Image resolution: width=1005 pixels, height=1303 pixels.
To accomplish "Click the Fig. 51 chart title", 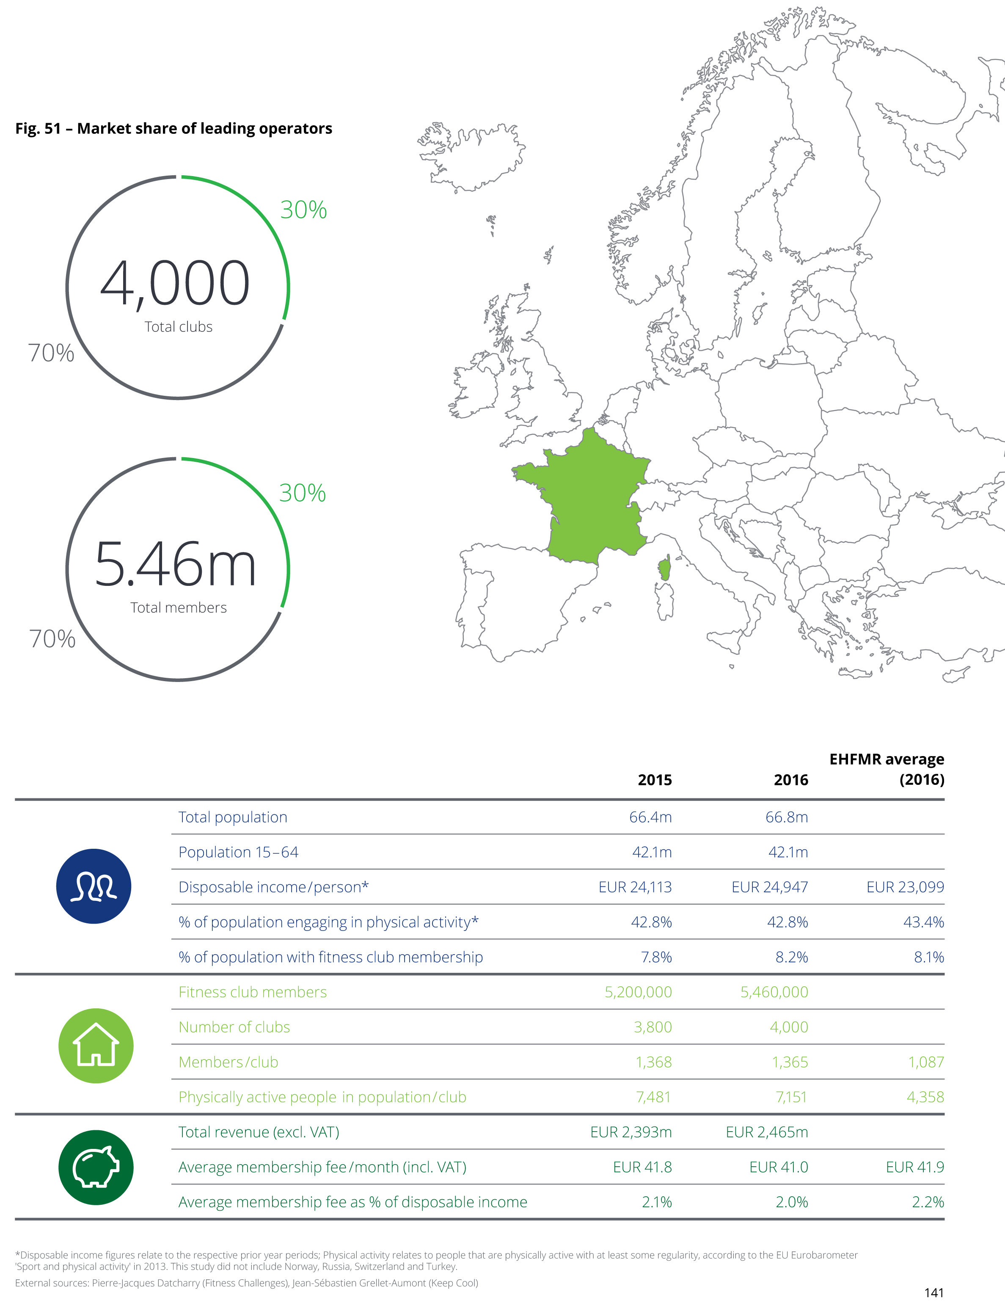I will (x=173, y=128).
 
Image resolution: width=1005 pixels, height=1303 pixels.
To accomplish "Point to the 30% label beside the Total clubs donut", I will (x=303, y=210).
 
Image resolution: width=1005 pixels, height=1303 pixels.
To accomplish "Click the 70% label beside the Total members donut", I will (x=52, y=639).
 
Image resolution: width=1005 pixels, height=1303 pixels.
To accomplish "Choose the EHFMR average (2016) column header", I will (x=887, y=769).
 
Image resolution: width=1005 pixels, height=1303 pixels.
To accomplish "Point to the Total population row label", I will (x=233, y=817).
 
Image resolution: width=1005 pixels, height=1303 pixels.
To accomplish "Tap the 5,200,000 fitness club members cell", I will (x=638, y=992).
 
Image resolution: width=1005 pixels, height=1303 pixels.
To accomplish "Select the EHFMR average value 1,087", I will (x=926, y=1062).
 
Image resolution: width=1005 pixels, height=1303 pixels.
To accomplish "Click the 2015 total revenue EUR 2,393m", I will (x=631, y=1132).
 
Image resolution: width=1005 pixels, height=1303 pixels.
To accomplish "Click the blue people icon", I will (x=94, y=886).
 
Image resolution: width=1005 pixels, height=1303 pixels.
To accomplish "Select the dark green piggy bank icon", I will (x=96, y=1167).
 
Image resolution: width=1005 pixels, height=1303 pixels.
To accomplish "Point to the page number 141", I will (x=934, y=1292).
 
